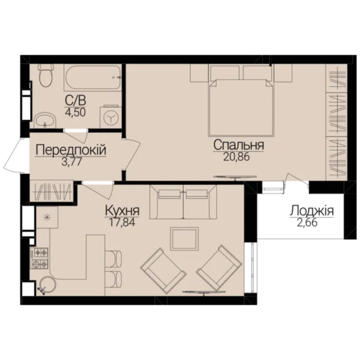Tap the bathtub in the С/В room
pos(93,78)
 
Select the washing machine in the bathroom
pos(111,116)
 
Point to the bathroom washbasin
pos(45,120)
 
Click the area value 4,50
pos(75,112)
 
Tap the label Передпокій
pos(71,150)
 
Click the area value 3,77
pos(71,161)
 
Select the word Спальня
pos(238,145)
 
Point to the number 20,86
pos(236,157)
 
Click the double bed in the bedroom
pos(241,101)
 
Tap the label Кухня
pos(122,210)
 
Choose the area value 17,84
pos(122,222)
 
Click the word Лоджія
pos(311,211)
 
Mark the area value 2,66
pos(307,223)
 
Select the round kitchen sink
pos(47,286)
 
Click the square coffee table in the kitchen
pos(184,239)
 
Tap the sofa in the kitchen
pos(183,202)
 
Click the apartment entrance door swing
pos(13,155)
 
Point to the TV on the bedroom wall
pos(235,177)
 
